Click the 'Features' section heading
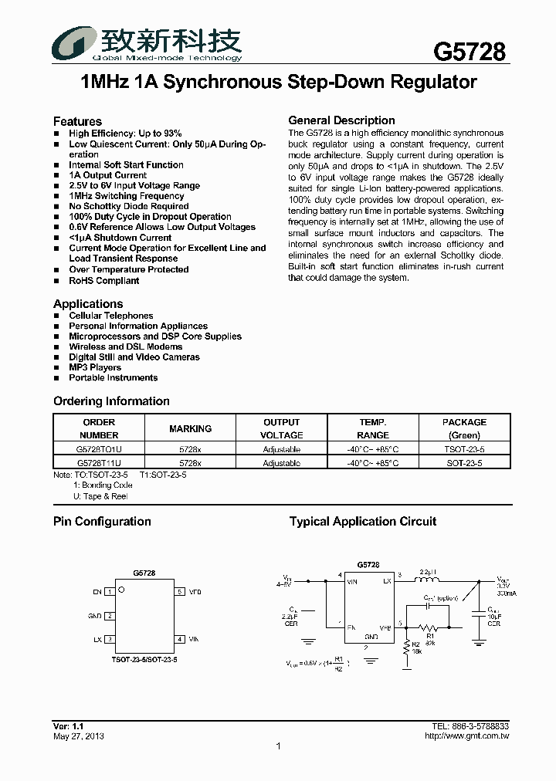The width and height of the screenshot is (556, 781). pos(77,121)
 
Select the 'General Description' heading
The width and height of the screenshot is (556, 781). pos(341,120)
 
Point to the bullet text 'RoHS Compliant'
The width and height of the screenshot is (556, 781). pos(104,281)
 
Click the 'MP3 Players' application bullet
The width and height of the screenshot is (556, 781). pos(95,367)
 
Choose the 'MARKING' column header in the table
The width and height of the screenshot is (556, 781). pos(190,428)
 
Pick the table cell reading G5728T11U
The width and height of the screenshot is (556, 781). pos(99,463)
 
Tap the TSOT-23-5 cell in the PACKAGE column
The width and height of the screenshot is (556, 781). pos(464,449)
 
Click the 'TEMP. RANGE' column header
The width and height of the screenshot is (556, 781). pos(373,428)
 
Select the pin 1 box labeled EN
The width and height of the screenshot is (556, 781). pos(110,592)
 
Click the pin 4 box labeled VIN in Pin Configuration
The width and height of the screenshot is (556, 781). pos(179,639)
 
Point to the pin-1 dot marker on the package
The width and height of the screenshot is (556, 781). pos(121,589)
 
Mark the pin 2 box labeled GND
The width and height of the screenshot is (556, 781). pos(110,616)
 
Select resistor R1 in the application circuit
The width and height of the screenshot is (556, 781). pos(433,628)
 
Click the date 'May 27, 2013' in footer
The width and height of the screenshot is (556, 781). pos(79,736)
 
